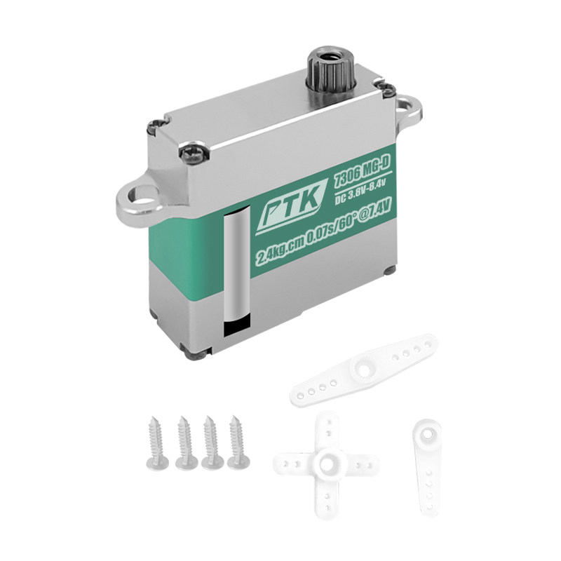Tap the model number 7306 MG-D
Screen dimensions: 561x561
click(360, 173)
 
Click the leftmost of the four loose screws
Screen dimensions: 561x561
click(156, 443)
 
